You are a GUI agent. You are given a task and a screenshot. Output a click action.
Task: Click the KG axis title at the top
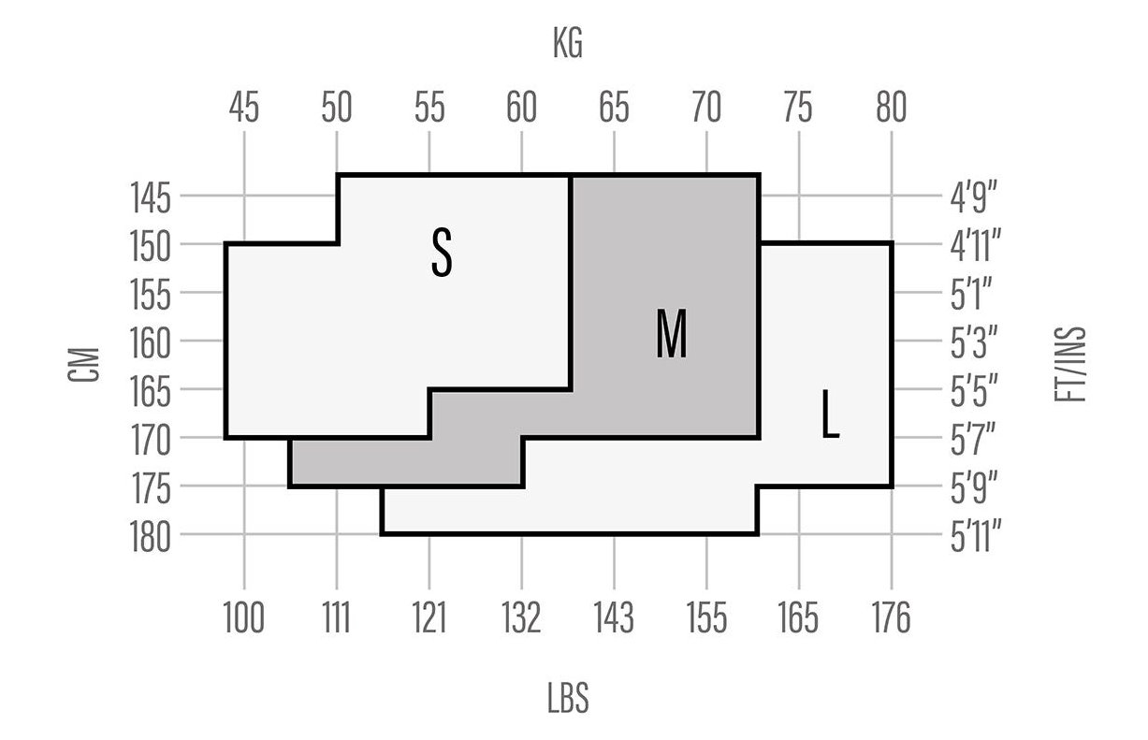[x=568, y=43]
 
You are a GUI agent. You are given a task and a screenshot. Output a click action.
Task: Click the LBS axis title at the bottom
[x=568, y=698]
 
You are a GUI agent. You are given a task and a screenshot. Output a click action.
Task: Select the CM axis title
[x=83, y=364]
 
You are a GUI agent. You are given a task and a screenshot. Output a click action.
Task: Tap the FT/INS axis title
[x=1070, y=364]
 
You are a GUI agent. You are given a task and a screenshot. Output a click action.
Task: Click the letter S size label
[x=442, y=253]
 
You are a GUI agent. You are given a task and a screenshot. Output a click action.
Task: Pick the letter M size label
[x=672, y=333]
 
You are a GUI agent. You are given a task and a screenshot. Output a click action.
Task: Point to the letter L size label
[x=830, y=414]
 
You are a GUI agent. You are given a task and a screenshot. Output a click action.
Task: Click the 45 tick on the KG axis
[x=244, y=107]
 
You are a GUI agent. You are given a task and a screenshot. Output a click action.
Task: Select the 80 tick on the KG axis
[x=892, y=107]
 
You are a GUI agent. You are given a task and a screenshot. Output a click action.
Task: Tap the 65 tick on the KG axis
[x=614, y=107]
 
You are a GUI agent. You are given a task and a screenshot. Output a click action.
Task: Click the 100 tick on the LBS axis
[x=244, y=617]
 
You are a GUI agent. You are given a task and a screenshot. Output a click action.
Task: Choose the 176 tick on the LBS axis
[x=892, y=617]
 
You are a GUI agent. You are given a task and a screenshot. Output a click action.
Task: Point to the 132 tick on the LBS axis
[x=521, y=617]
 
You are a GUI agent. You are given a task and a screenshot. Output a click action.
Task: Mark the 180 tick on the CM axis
[x=150, y=537]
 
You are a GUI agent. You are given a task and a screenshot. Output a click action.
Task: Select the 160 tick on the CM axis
[x=150, y=343]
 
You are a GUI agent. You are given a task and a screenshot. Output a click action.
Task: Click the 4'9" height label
[x=974, y=197]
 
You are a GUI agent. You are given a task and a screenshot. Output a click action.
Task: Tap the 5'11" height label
[x=976, y=537]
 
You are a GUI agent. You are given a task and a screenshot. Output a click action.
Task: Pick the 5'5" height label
[x=974, y=391]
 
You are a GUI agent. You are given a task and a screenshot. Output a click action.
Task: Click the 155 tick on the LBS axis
[x=706, y=617]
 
